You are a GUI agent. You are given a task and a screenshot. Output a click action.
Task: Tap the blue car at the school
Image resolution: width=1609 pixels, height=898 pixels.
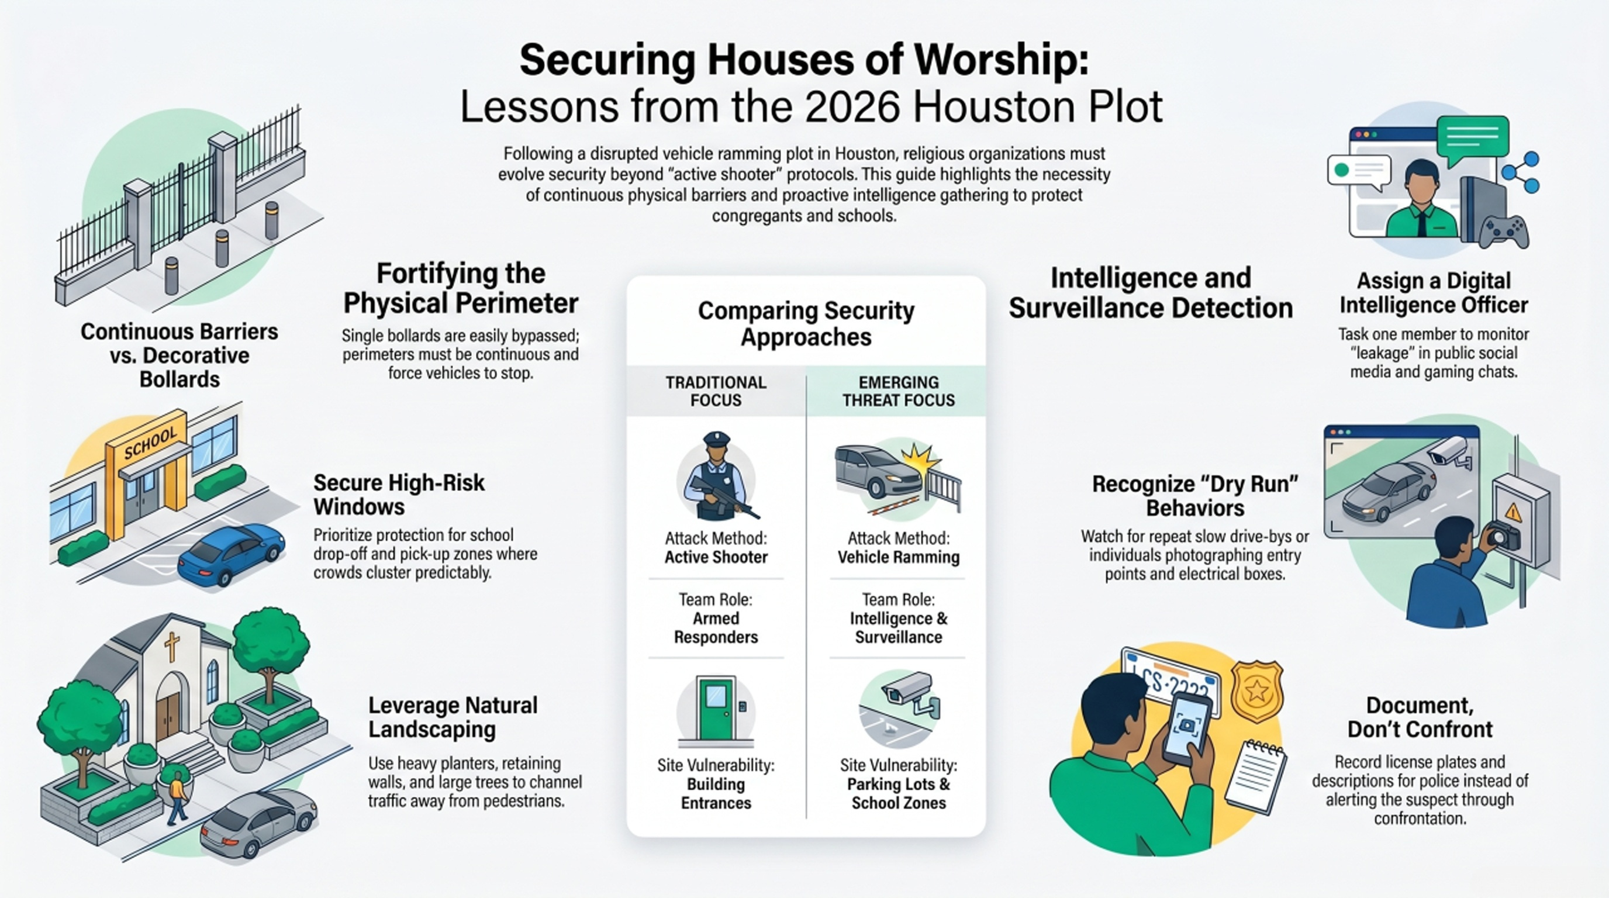[232, 553]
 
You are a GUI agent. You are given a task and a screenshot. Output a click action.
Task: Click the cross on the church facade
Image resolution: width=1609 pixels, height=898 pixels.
[171, 645]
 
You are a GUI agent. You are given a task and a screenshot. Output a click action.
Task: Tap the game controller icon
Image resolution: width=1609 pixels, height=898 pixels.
[1503, 232]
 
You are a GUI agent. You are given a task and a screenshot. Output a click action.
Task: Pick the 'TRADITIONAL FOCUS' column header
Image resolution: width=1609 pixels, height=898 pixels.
[716, 391]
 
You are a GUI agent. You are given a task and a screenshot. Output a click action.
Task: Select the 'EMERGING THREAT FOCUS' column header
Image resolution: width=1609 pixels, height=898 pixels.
[898, 391]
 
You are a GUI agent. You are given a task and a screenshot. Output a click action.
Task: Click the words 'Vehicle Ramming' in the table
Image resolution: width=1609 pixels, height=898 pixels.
[898, 557]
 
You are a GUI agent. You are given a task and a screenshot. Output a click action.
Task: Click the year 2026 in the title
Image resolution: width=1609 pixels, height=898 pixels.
[852, 107]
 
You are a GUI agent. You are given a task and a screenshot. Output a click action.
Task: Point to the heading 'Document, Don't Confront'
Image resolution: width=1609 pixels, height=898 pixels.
[1420, 717]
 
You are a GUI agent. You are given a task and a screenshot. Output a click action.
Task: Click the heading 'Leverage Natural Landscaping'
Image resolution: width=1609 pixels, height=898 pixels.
[453, 717]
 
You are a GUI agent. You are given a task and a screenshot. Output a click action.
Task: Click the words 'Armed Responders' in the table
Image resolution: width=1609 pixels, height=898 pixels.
[716, 627]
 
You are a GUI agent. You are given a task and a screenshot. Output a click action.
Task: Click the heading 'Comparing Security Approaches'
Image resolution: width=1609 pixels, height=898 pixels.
[806, 323]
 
